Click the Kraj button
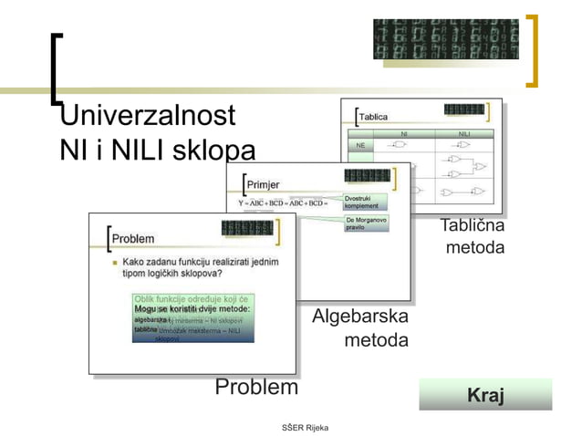click(x=485, y=396)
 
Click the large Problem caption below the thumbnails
click(x=256, y=388)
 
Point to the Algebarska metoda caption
click(x=359, y=329)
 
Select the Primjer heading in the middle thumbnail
click(x=264, y=184)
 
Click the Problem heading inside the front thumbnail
click(x=133, y=238)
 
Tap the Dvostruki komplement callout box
click(x=366, y=202)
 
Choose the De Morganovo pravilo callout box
click(x=366, y=223)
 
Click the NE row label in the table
click(x=360, y=146)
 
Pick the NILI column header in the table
click(x=464, y=134)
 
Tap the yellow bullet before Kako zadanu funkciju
click(x=114, y=262)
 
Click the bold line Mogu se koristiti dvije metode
click(x=192, y=309)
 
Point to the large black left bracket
click(x=57, y=69)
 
